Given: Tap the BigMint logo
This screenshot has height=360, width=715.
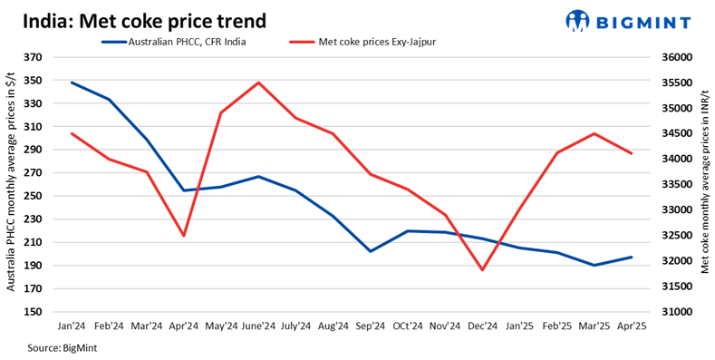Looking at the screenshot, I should [632, 20].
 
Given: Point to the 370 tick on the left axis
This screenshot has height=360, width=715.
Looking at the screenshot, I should [34, 57].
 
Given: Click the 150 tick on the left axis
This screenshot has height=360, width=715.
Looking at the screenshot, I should [34, 312].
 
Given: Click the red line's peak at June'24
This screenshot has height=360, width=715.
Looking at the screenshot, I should [259, 83].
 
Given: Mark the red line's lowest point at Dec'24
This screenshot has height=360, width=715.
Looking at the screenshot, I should [482, 270].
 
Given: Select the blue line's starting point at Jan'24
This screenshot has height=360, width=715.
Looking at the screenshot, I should [72, 83].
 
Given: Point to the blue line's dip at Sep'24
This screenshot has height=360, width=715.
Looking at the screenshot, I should [371, 251].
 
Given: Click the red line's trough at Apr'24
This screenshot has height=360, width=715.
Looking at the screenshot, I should [185, 236].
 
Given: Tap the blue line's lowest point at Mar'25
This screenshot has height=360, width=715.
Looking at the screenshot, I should [594, 266].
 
